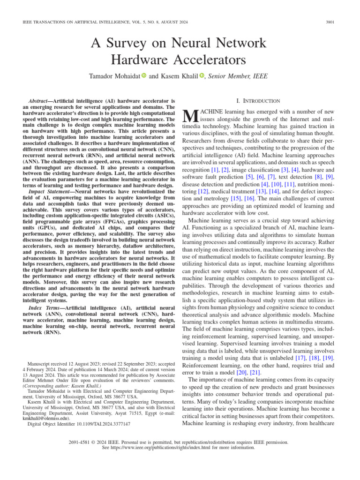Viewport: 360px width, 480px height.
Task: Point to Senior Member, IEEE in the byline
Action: tap(238, 76)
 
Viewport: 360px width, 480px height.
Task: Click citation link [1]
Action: tap(215, 169)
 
